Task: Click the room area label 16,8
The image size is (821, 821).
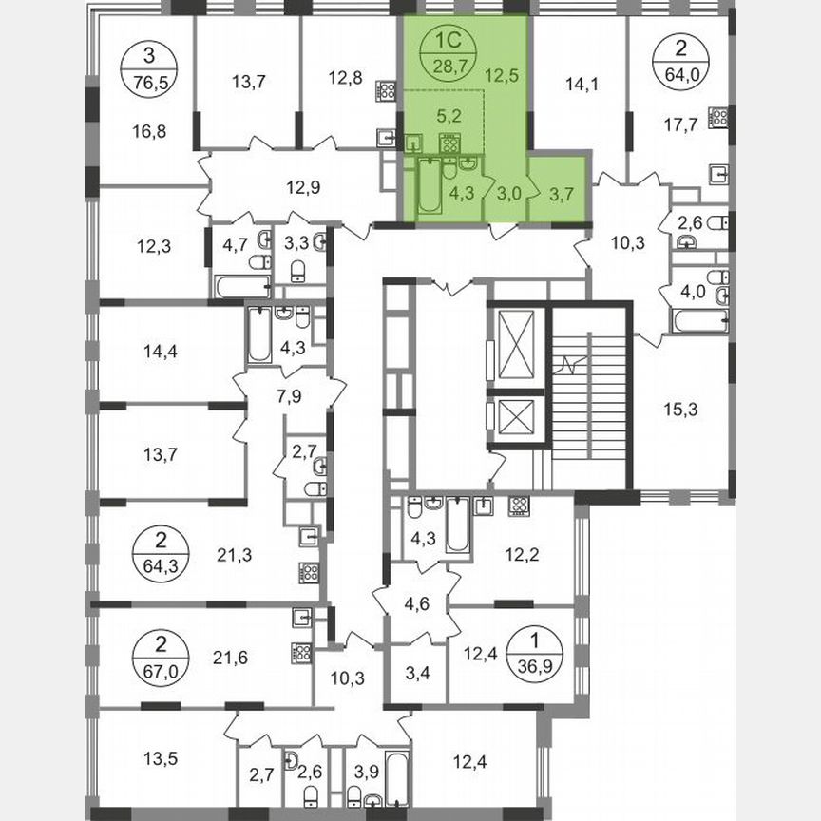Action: click(x=149, y=130)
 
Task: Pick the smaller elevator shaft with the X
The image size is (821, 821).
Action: click(x=514, y=419)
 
